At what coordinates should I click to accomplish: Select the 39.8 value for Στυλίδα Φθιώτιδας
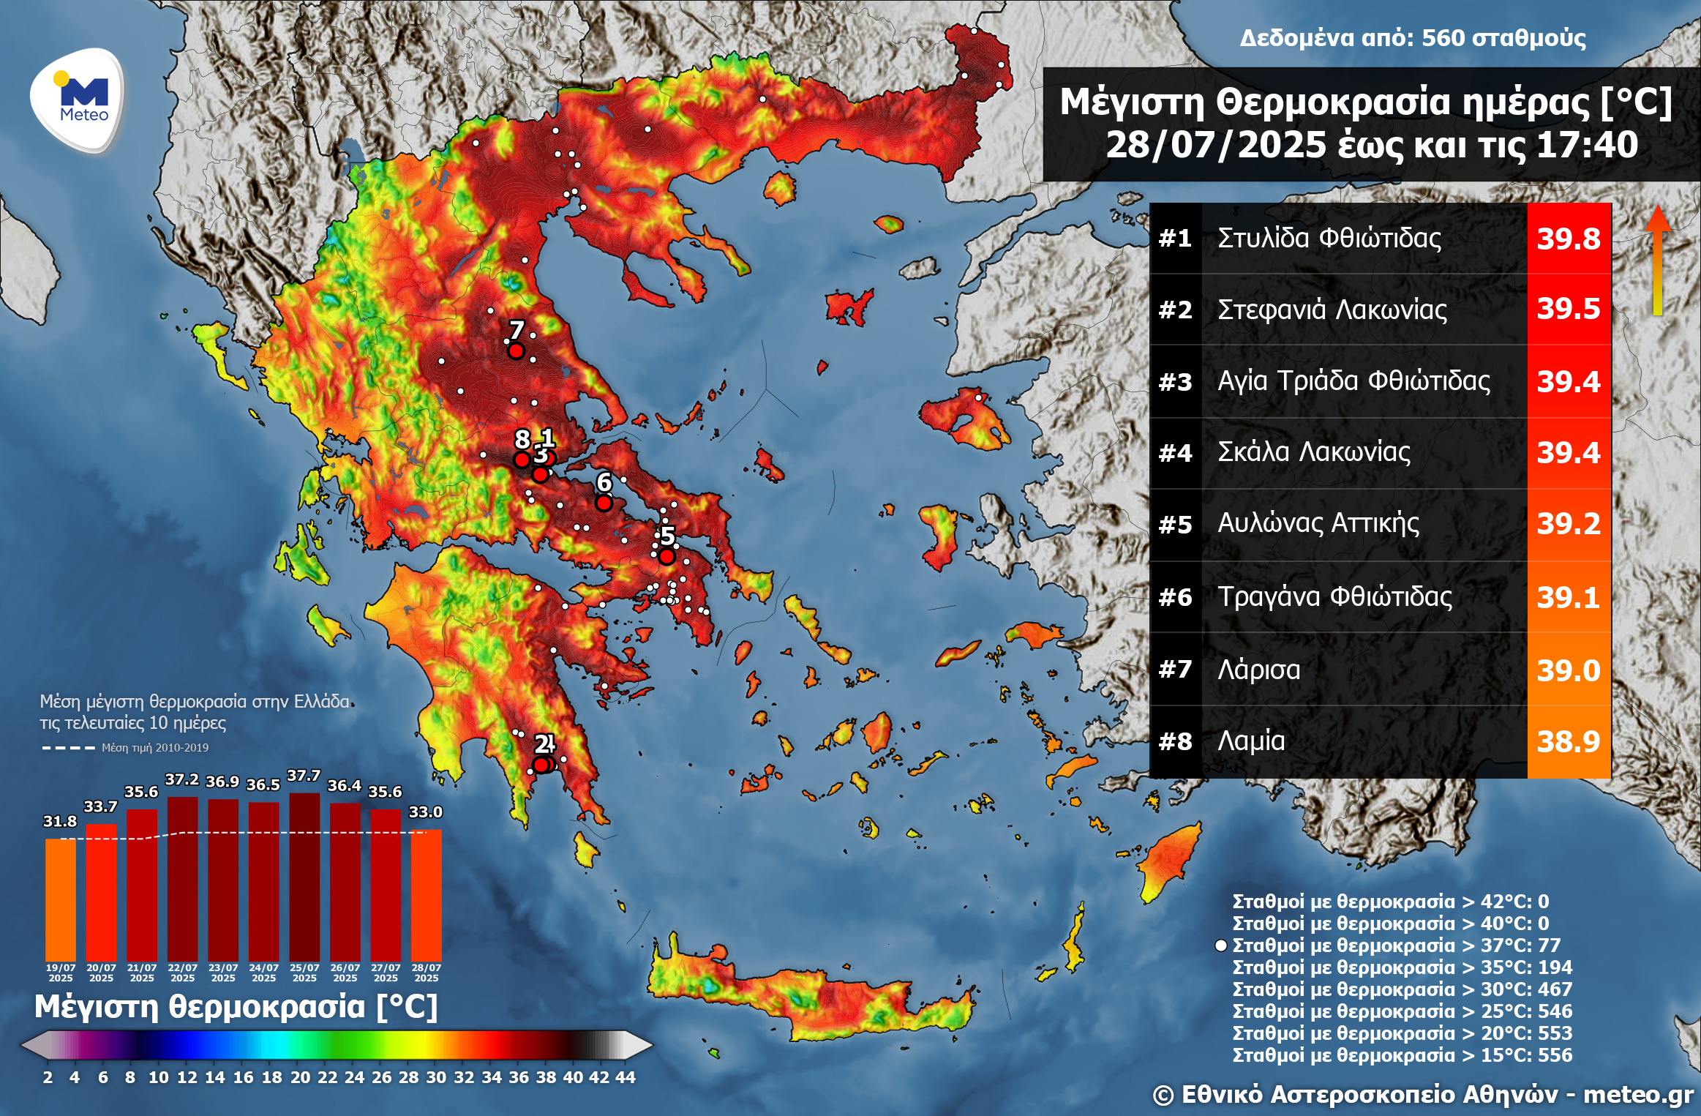click(x=1568, y=239)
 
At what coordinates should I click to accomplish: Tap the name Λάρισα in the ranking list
click(x=1258, y=670)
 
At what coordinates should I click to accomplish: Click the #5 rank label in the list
click(x=1175, y=525)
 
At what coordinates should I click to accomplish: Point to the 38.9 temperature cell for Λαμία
click(x=1568, y=741)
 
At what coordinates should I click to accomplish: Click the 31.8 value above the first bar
click(x=60, y=821)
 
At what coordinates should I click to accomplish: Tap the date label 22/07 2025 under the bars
click(x=182, y=973)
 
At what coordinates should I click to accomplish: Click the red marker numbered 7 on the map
click(x=516, y=351)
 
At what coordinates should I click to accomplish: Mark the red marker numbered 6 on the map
click(x=604, y=503)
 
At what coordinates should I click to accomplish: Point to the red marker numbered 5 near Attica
click(x=666, y=556)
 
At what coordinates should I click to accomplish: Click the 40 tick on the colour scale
click(x=573, y=1076)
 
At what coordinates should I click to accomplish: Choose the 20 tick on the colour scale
click(x=300, y=1076)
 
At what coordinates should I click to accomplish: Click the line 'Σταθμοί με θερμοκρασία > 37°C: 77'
click(x=1396, y=945)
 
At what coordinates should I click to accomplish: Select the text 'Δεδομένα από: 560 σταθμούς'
click(x=1412, y=38)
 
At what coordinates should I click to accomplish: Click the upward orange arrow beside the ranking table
click(x=1658, y=260)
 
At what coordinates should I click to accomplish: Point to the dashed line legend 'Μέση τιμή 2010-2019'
click(x=154, y=748)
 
